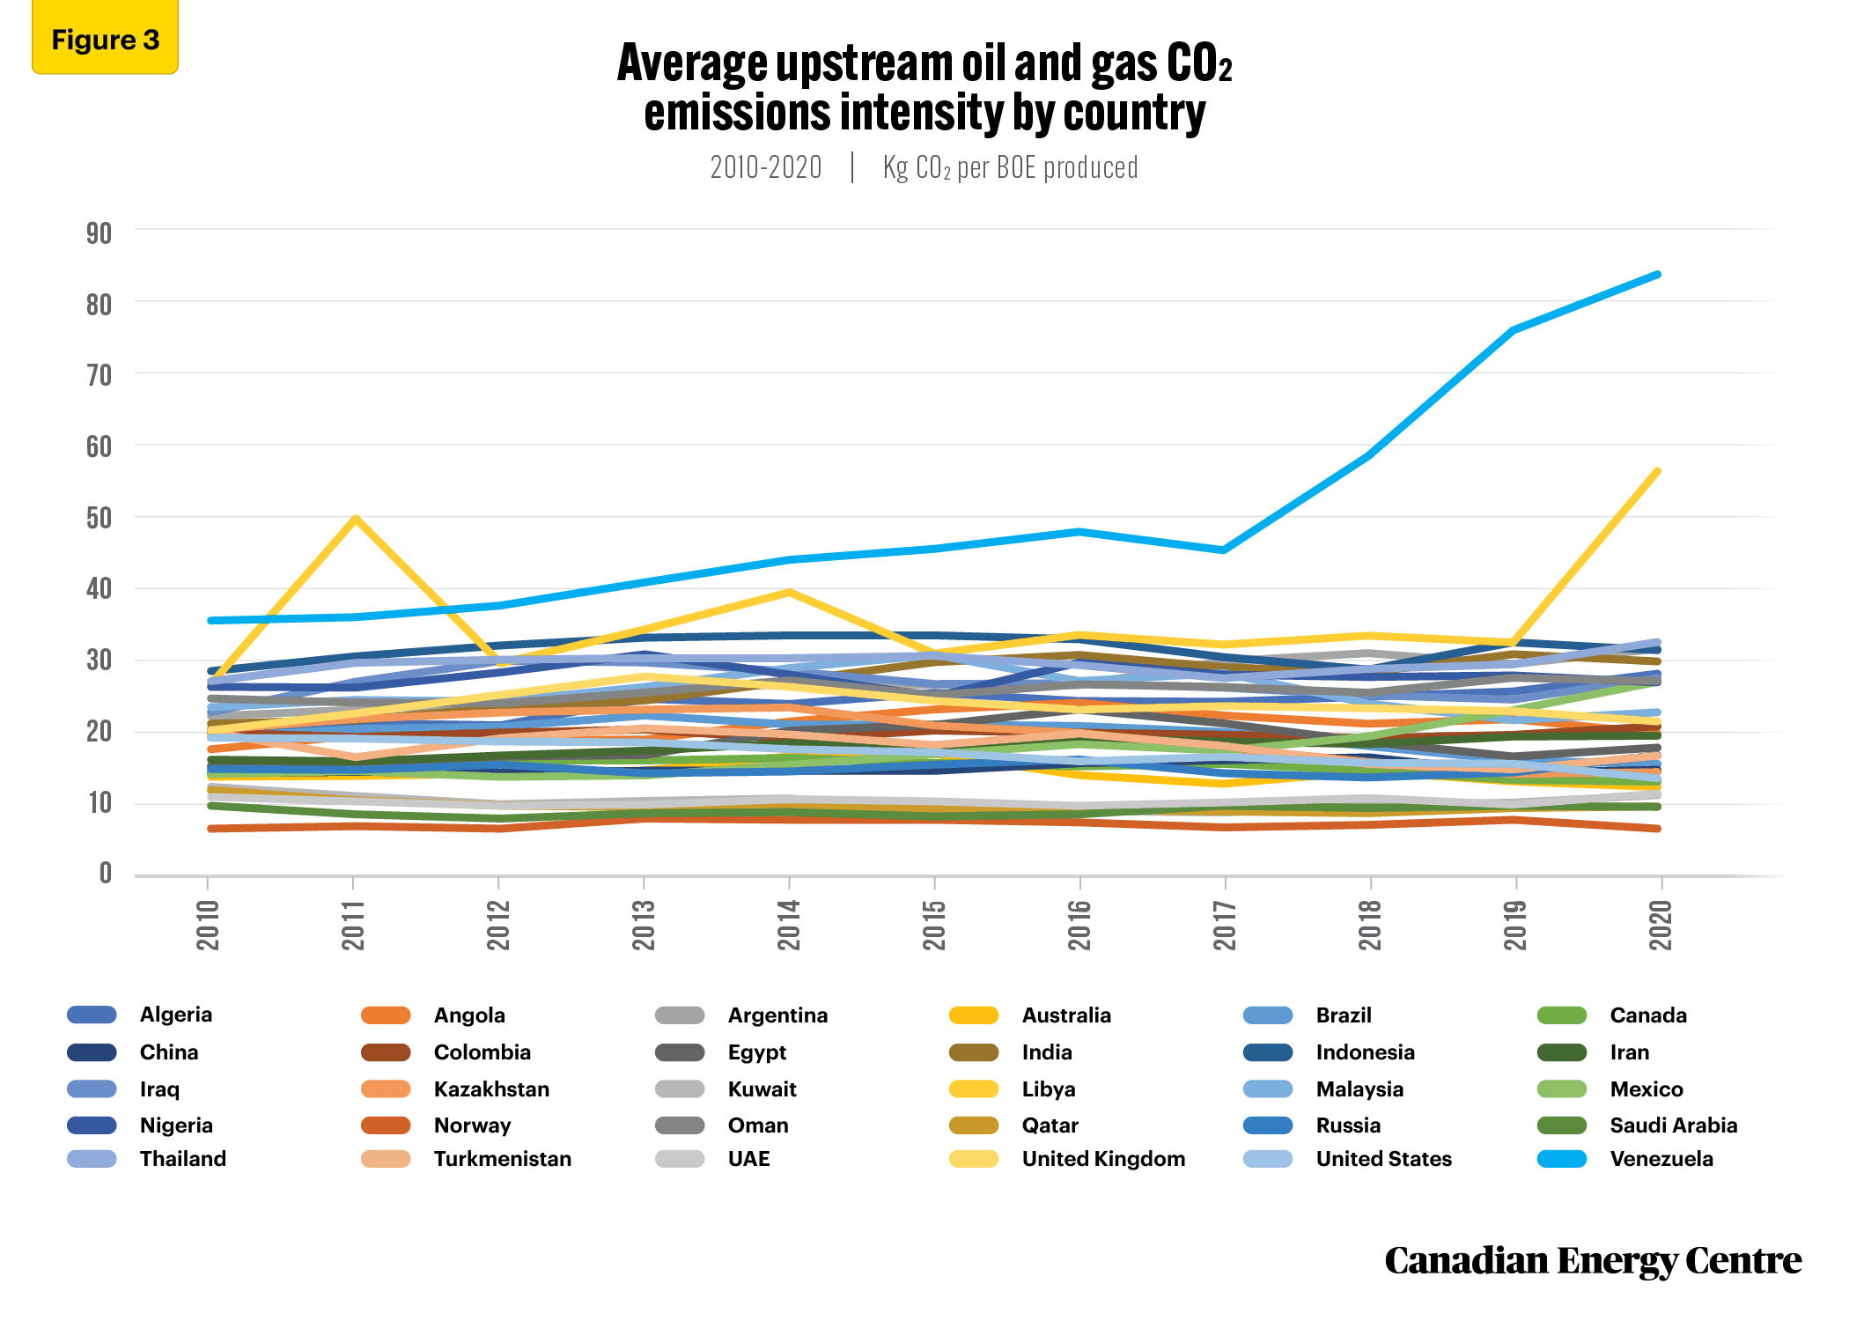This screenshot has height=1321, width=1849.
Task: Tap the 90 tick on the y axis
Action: click(x=99, y=233)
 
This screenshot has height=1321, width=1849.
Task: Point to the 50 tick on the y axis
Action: click(x=99, y=518)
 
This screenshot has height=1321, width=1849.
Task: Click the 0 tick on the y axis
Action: click(x=106, y=873)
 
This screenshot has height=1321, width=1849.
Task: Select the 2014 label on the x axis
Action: click(x=789, y=925)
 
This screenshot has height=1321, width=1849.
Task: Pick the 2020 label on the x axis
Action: click(x=1661, y=925)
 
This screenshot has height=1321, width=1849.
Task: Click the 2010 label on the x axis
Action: click(x=208, y=925)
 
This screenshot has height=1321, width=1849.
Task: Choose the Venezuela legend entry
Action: click(x=1625, y=1159)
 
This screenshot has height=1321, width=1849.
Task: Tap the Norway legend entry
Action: click(x=436, y=1125)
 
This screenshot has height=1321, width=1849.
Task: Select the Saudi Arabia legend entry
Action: click(x=1638, y=1125)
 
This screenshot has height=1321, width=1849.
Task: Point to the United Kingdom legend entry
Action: click(x=1067, y=1159)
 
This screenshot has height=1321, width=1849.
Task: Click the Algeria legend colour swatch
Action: click(x=92, y=1015)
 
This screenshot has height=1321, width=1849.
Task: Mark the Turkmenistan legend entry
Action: click(x=467, y=1159)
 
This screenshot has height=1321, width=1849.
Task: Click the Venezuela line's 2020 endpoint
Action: click(x=1659, y=275)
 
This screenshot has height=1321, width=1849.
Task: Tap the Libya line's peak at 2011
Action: click(x=354, y=518)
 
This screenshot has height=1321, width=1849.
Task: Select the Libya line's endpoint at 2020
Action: click(x=1659, y=471)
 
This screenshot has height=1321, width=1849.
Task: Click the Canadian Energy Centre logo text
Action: click(x=1593, y=1261)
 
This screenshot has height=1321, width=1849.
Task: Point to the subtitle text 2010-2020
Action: click(x=766, y=167)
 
